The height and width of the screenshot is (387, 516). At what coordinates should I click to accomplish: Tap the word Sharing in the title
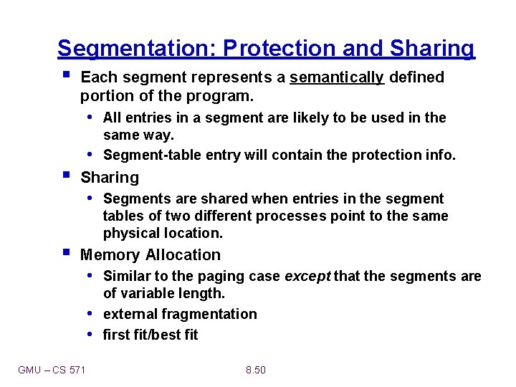click(432, 49)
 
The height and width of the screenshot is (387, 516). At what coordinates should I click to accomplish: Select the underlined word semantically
click(337, 77)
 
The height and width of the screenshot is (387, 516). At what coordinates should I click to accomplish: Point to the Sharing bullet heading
click(110, 178)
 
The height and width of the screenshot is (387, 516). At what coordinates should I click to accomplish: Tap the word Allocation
click(183, 255)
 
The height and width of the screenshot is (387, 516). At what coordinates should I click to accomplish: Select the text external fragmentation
click(180, 315)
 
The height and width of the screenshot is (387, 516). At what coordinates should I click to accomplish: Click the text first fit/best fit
click(150, 335)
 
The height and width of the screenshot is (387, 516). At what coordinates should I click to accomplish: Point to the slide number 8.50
click(255, 370)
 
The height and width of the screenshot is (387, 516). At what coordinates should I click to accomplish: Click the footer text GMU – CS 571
click(52, 370)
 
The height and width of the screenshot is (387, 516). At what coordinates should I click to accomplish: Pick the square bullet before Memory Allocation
click(66, 253)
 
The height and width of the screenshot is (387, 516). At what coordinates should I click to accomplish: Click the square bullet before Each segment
click(66, 75)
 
